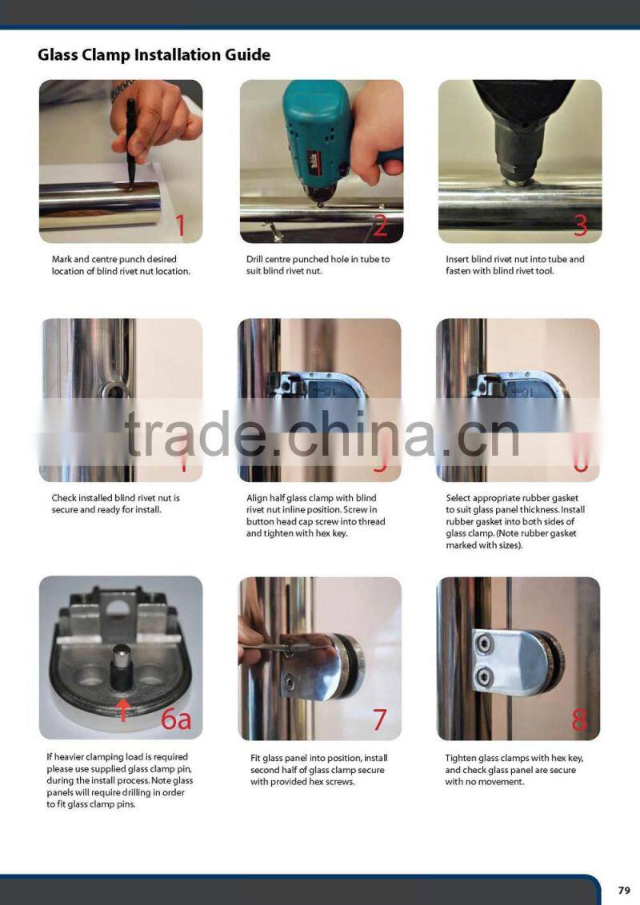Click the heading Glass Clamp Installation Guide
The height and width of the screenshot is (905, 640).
pos(154,55)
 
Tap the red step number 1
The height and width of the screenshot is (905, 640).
pos(180,225)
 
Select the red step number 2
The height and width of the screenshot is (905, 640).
pos(380,225)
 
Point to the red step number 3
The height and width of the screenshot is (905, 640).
pos(580,225)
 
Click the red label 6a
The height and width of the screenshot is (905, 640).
pos(176,719)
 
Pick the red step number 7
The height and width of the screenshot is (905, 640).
pos(379,720)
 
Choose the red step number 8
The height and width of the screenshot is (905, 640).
pos(579,720)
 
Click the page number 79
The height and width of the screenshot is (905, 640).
pos(624,890)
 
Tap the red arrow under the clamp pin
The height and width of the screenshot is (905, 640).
pos(124,708)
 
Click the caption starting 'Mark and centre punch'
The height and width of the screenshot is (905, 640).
pos(121,265)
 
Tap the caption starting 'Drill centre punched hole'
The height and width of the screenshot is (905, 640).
pos(318,265)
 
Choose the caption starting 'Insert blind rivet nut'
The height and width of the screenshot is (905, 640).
pos(514,265)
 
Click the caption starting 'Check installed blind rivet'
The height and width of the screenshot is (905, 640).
pos(115,504)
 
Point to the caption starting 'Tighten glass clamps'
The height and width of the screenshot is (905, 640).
pos(510,770)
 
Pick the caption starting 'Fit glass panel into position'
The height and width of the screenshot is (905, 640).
pos(317,770)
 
